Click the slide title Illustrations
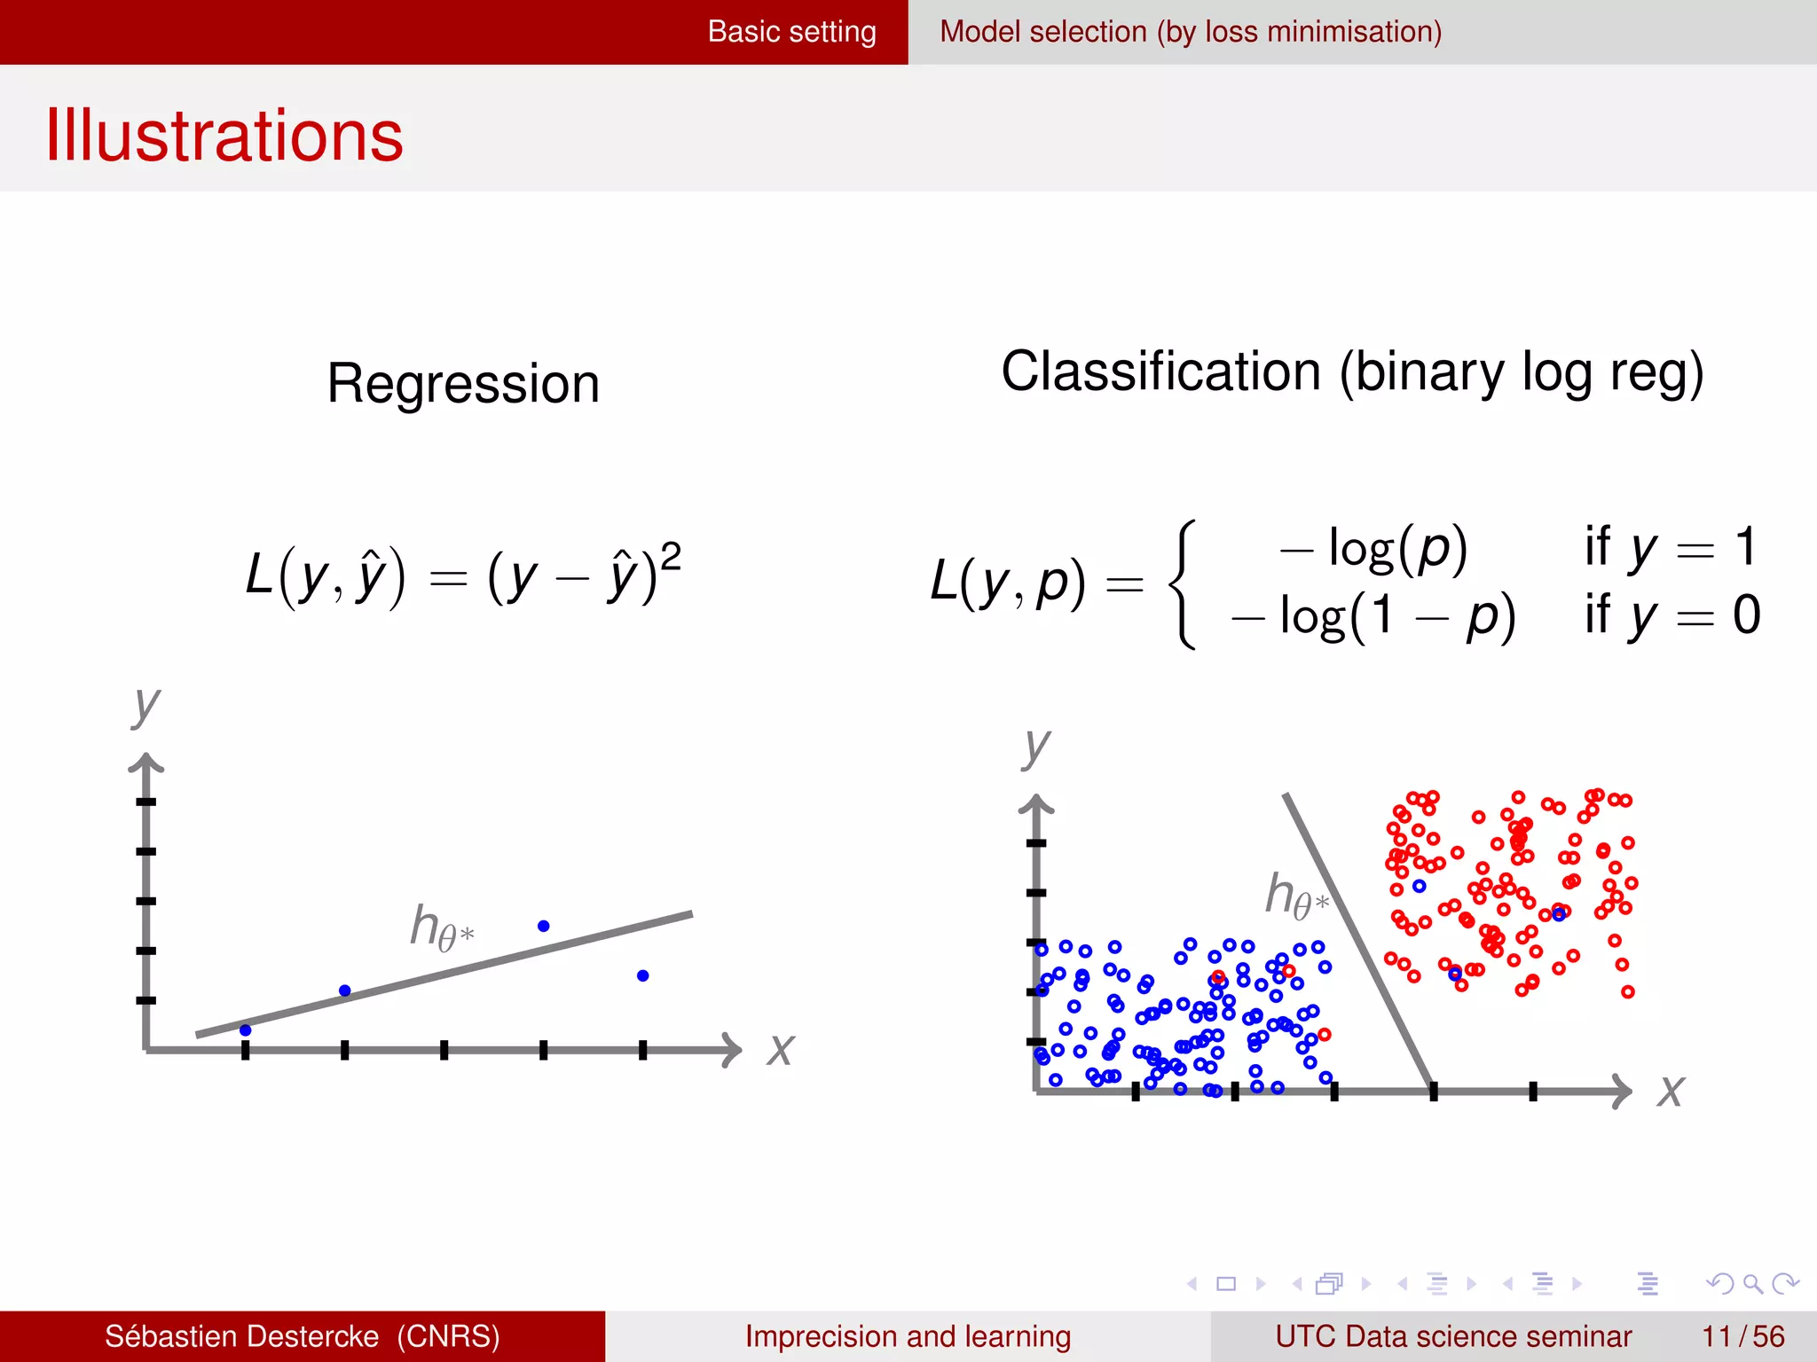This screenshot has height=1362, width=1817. [224, 136]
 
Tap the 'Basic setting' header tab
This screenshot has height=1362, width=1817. [791, 32]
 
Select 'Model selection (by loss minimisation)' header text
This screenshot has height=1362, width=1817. [1190, 32]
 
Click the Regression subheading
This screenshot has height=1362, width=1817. [463, 384]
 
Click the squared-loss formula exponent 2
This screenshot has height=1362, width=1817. [671, 557]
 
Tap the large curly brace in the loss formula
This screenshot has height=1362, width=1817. [1183, 583]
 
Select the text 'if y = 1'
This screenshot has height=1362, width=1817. [1669, 546]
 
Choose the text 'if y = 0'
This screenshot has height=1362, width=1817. [1671, 614]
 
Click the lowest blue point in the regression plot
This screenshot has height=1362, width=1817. [246, 1030]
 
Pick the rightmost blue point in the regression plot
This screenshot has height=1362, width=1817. [643, 975]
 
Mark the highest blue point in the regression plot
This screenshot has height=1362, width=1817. [544, 926]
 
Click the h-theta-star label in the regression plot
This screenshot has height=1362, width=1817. [441, 928]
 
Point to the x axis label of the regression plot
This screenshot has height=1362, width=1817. [780, 1050]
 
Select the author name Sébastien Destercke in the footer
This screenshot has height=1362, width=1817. [241, 1336]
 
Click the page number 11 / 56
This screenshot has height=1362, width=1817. [1742, 1336]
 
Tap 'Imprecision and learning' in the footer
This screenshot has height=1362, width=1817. [908, 1336]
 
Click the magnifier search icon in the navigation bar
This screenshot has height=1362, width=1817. [1752, 1283]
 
